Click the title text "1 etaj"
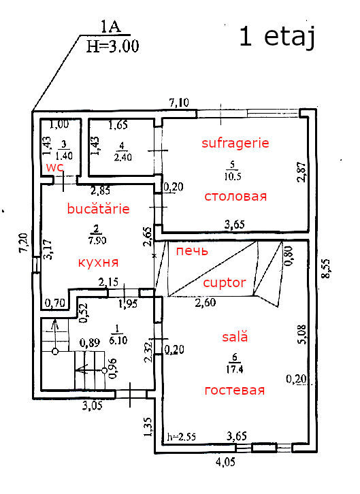[x=277, y=37]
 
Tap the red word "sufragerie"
[x=235, y=144]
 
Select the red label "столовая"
[x=235, y=197]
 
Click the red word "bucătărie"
[x=98, y=209]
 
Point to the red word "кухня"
[x=98, y=263]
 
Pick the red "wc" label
[x=55, y=167]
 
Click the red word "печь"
[x=192, y=251]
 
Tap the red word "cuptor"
[x=225, y=283]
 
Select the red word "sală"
[x=235, y=336]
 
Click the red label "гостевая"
[x=235, y=391]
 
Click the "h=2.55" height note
[x=182, y=437]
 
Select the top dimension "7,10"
[x=179, y=102]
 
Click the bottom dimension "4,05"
[x=225, y=462]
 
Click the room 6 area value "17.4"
[x=234, y=369]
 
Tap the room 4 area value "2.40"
[x=122, y=157]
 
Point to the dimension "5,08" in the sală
[x=301, y=334]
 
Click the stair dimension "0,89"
[x=90, y=342]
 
